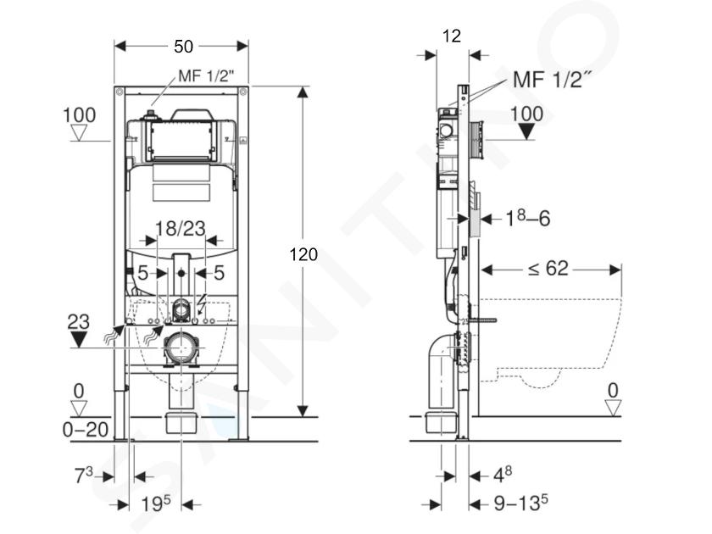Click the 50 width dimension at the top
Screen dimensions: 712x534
tap(183, 47)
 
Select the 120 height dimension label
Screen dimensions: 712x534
tap(303, 255)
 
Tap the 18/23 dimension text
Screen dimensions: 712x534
tap(181, 228)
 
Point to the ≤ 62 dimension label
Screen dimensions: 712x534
tap(548, 269)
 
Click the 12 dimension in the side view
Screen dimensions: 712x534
tap(451, 36)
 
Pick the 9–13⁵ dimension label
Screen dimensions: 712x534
tap(520, 503)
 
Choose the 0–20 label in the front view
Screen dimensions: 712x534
tap(86, 430)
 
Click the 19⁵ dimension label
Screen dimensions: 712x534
tap(156, 503)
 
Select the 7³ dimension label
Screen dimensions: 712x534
tap(84, 476)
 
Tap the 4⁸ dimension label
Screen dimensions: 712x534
tap(503, 475)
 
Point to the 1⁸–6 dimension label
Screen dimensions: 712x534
tap(527, 219)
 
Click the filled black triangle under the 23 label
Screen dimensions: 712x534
tap(79, 340)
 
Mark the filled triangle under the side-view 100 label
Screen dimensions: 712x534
tap(526, 131)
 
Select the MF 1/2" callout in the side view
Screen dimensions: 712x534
tap(552, 80)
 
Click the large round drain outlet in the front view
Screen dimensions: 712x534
tap(181, 348)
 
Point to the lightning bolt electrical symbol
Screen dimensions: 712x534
tap(201, 304)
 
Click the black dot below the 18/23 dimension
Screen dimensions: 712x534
tap(181, 273)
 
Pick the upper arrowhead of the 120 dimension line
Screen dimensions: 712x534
tap(303, 92)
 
